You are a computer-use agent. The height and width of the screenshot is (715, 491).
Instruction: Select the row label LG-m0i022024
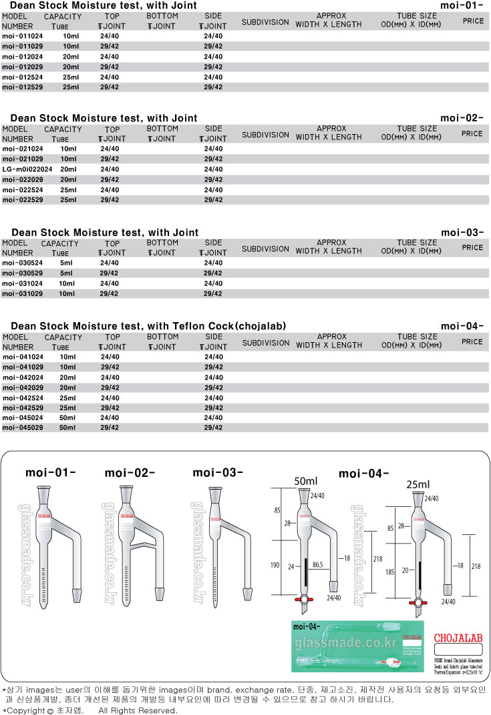pyautogui.click(x=27, y=169)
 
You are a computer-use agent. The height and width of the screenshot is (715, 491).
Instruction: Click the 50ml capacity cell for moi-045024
pyautogui.click(x=67, y=418)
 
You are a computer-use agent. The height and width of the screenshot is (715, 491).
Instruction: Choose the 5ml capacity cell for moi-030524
pyautogui.click(x=66, y=263)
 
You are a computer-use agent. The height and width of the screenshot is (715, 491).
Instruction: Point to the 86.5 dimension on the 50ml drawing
pyautogui.click(x=317, y=564)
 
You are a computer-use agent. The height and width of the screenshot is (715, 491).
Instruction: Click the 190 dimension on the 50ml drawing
pyautogui.click(x=275, y=564)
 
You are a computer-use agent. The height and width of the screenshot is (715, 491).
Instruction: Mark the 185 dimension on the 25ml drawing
pyautogui.click(x=390, y=572)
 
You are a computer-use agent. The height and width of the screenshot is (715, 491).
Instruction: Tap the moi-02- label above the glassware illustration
pyautogui.click(x=130, y=474)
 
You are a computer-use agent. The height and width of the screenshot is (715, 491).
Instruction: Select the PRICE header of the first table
pyautogui.click(x=473, y=21)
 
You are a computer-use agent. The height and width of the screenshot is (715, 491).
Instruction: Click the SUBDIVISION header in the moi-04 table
pyautogui.click(x=265, y=343)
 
